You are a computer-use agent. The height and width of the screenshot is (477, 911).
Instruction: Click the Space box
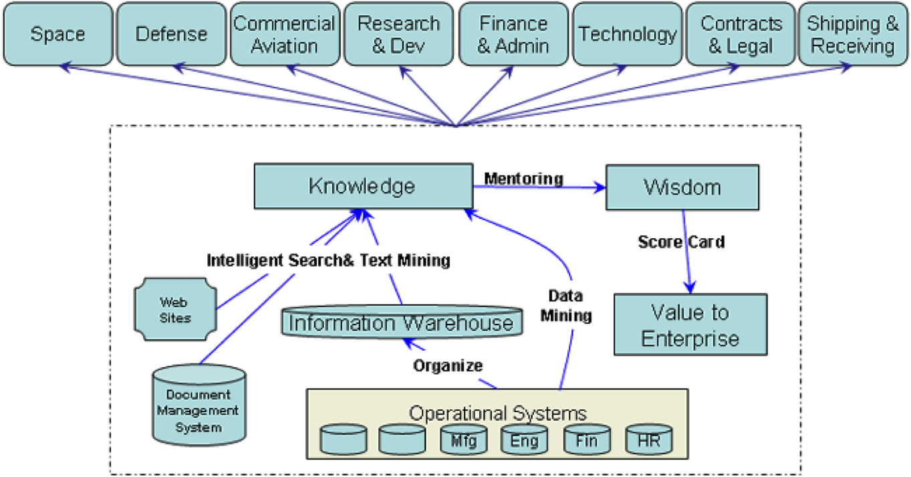pyautogui.click(x=57, y=33)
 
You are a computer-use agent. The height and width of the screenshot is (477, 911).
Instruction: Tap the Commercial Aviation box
pyautogui.click(x=284, y=34)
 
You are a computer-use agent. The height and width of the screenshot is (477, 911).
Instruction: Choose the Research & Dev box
pyautogui.click(x=398, y=34)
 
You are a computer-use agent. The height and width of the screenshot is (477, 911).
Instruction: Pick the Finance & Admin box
pyautogui.click(x=513, y=34)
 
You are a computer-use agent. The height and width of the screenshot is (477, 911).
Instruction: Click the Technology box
pyautogui.click(x=627, y=34)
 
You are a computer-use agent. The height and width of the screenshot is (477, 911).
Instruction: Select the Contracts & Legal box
pyautogui.click(x=741, y=34)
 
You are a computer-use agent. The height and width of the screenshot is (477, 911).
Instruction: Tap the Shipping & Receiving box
pyautogui.click(x=853, y=34)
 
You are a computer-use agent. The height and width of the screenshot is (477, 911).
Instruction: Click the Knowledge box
pyautogui.click(x=362, y=187)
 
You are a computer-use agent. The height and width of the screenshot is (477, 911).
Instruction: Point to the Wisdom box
pyautogui.click(x=682, y=187)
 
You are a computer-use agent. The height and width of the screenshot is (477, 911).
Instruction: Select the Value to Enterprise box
pyautogui.click(x=690, y=325)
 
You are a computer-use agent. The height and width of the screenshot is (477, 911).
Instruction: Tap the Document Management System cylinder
pyautogui.click(x=198, y=403)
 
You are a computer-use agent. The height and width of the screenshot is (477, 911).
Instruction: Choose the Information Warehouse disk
pyautogui.click(x=401, y=323)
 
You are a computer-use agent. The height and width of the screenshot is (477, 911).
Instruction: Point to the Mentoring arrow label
pyautogui.click(x=523, y=179)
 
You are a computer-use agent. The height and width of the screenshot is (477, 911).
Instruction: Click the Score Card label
pyautogui.click(x=681, y=242)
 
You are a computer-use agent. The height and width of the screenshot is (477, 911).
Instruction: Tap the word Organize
pyautogui.click(x=447, y=365)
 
